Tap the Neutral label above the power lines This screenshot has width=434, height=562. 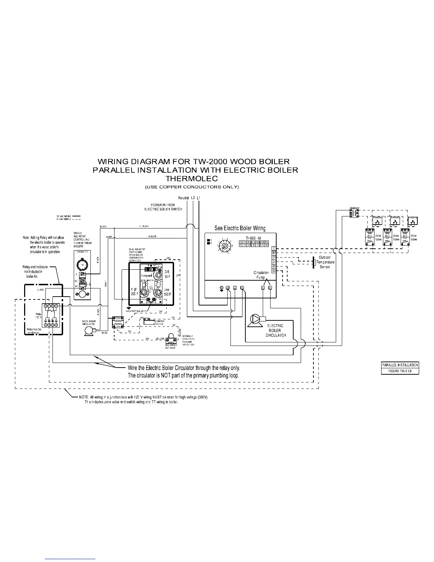point(183,198)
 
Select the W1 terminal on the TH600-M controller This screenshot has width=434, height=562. point(274,253)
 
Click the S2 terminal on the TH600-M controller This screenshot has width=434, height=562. point(274,271)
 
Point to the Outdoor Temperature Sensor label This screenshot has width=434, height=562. point(325,262)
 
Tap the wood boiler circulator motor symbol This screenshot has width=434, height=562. point(87,331)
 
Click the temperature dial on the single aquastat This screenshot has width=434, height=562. point(82,265)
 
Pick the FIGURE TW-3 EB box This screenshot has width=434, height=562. point(400,371)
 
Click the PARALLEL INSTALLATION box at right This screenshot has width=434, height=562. point(400,365)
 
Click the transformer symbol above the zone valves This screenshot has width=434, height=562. point(355,213)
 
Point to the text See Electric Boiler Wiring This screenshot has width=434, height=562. point(240,228)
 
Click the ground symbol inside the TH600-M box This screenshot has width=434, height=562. point(222,288)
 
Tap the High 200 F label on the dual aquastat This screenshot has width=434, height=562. point(134,292)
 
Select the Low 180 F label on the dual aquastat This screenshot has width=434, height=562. point(167,292)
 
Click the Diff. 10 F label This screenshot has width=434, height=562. point(167,274)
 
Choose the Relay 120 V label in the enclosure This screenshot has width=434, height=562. point(39,315)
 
